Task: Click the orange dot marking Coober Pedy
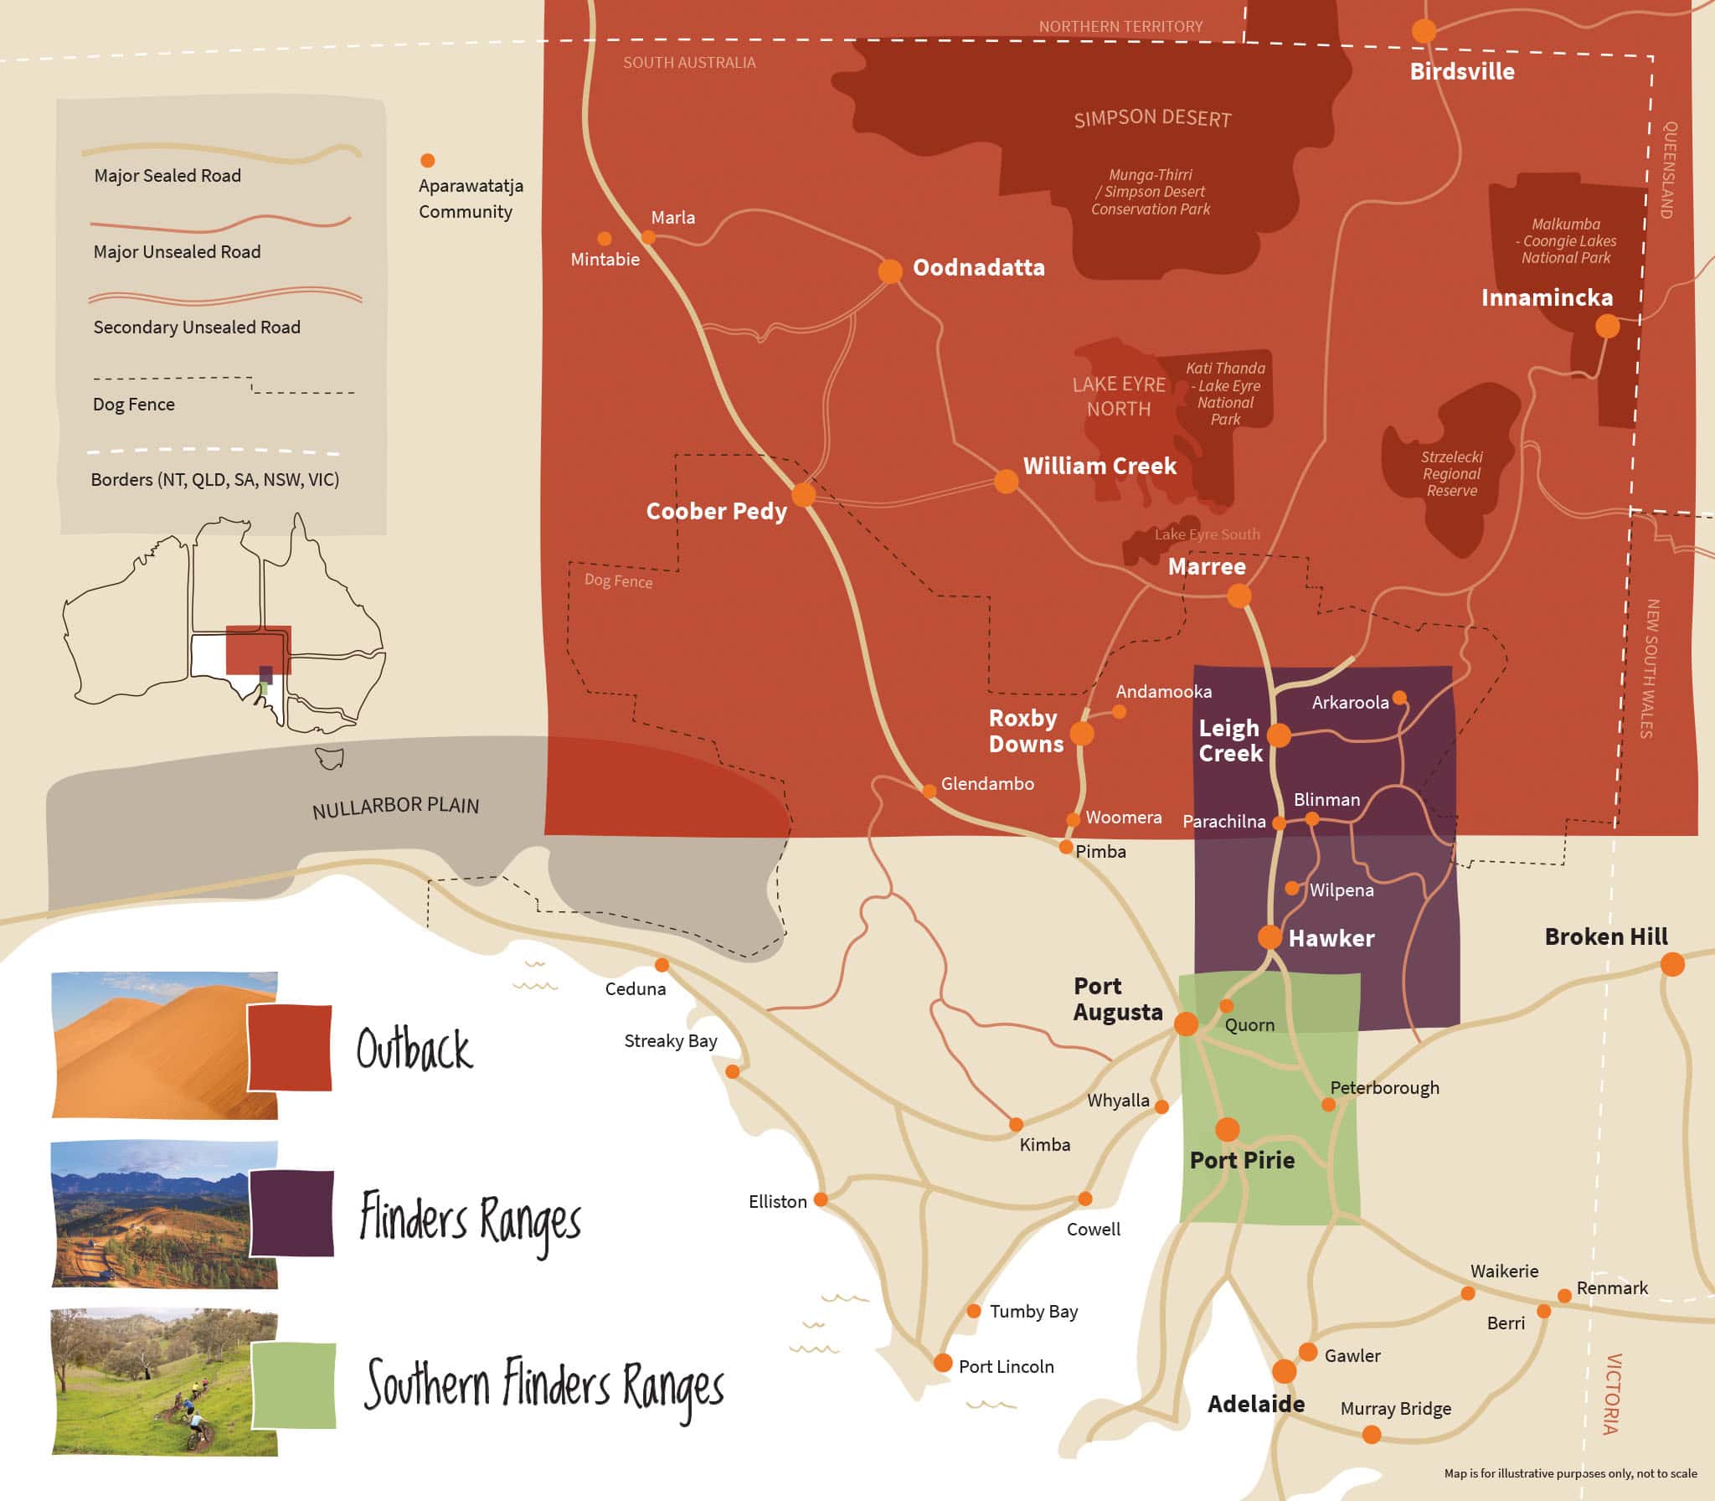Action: point(803,494)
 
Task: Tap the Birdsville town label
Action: point(1461,71)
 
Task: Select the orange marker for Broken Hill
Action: point(1671,964)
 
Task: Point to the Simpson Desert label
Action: point(1152,118)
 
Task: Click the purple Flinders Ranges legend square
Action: point(291,1214)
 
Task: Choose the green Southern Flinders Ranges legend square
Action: point(293,1385)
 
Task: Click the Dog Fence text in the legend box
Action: point(134,405)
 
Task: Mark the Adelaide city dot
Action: point(1284,1371)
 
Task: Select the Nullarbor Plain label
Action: point(395,807)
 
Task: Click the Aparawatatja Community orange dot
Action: point(427,160)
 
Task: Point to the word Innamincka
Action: point(1546,297)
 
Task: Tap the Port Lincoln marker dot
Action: point(943,1363)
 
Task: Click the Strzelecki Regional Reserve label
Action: point(1451,473)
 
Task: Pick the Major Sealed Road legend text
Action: point(167,176)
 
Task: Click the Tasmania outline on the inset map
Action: point(329,758)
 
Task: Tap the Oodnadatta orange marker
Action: point(890,271)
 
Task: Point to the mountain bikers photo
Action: point(164,1381)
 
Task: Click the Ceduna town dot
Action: point(662,965)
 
